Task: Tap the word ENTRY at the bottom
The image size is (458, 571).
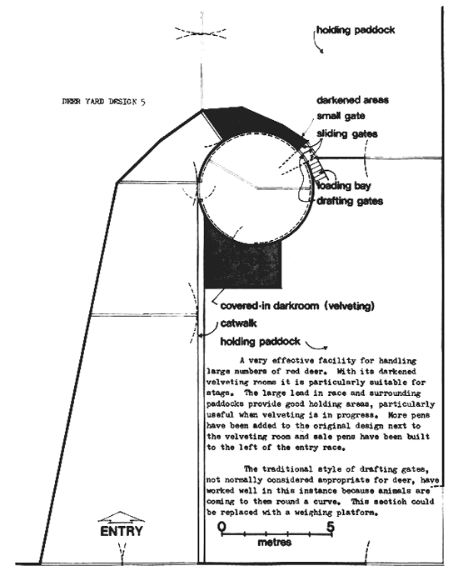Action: tap(122, 531)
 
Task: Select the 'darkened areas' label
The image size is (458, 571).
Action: tap(352, 100)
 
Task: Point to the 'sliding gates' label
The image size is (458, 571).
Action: tap(346, 133)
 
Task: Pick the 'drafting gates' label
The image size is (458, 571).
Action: tap(347, 201)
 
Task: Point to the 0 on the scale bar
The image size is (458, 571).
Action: tap(222, 526)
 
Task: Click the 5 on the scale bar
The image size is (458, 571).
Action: tap(331, 526)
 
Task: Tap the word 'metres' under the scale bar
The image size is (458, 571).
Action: tap(275, 542)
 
